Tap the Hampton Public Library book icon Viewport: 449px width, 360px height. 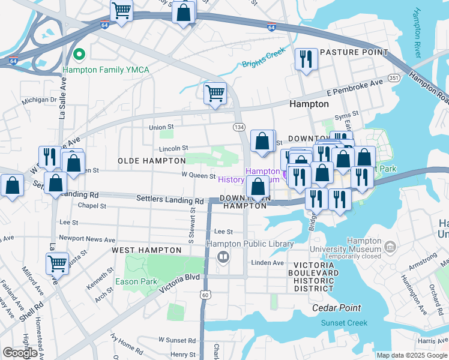pos(223,257)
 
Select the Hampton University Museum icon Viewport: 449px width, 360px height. pos(390,247)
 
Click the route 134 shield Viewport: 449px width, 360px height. pos(238,127)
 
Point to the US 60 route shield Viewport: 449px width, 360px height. pos(206,295)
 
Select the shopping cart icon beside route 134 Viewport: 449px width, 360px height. pos(215,94)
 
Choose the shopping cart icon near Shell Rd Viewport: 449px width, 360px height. pos(57,263)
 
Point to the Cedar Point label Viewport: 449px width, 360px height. pos(337,308)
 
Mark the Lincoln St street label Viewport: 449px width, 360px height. pos(174,148)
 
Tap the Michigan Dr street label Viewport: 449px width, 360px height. pos(39,100)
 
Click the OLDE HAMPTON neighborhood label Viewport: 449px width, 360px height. pos(151,161)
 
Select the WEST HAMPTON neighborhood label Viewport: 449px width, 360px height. pos(146,250)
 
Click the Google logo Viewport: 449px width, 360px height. pos(20,353)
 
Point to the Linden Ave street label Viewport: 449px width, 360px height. pos(268,263)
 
